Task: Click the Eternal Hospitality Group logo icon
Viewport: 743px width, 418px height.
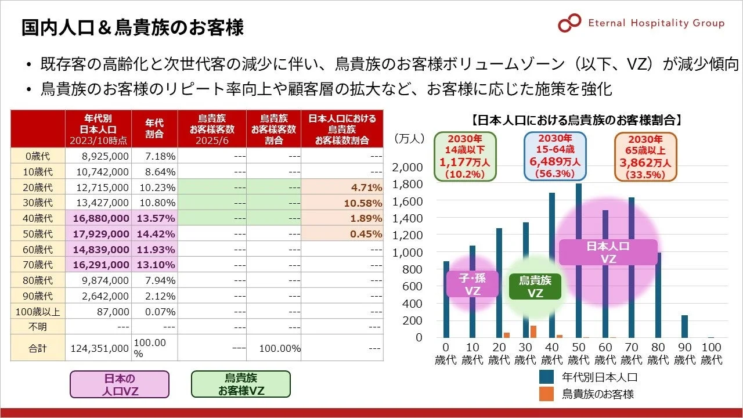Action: tap(569, 23)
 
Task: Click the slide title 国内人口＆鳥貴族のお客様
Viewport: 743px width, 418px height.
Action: tap(132, 27)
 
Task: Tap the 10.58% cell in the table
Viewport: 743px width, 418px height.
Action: tap(342, 203)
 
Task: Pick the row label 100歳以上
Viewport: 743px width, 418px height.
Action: tap(38, 312)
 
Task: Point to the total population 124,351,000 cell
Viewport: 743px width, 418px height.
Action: tap(99, 348)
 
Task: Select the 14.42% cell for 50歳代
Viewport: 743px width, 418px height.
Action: tap(154, 234)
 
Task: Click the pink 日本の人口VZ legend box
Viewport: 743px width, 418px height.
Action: tap(120, 384)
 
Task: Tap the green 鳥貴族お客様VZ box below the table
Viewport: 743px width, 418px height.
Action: tap(241, 384)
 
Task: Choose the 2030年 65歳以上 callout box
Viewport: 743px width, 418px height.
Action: tap(645, 156)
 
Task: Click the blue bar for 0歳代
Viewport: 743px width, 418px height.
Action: tap(446, 299)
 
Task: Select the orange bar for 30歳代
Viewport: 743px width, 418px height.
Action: tap(533, 331)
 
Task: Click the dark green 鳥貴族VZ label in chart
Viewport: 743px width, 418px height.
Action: tap(535, 287)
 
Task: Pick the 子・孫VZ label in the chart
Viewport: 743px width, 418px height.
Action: tap(472, 284)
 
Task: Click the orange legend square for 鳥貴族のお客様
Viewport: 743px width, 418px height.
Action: tap(546, 394)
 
